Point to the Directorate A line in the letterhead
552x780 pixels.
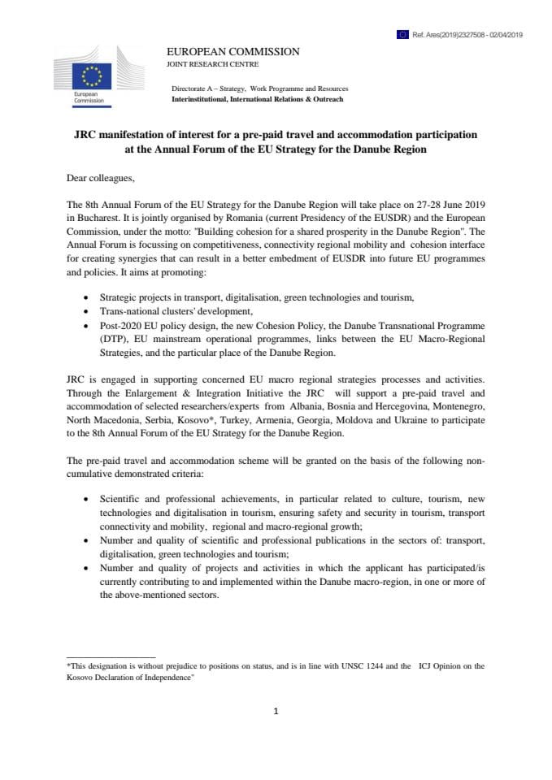259,89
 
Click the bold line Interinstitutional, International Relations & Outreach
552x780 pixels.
257,99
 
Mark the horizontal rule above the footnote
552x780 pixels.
110,656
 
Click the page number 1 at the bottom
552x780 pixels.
276,712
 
